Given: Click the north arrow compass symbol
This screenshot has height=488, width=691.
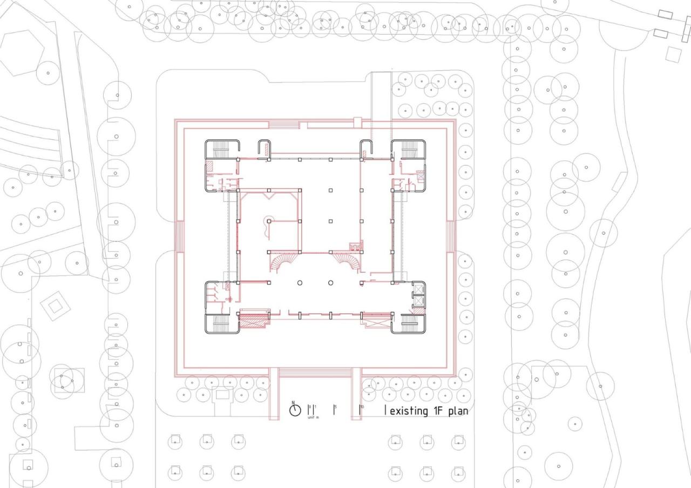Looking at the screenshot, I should [295, 410].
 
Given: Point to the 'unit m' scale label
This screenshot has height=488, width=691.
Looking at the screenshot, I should [313, 417].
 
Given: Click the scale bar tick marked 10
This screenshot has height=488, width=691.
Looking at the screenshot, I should [360, 410].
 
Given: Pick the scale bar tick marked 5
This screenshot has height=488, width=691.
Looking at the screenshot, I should [334, 410].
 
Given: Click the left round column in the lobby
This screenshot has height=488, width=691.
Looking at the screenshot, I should [300, 283].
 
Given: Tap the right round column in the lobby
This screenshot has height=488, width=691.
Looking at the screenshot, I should [331, 283].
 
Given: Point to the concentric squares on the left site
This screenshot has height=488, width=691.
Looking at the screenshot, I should [56, 307].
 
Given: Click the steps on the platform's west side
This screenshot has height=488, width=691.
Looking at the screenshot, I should [180, 236].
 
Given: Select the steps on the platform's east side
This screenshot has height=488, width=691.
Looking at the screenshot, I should [450, 236].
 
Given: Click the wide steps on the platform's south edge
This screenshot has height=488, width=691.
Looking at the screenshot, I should [316, 372].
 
